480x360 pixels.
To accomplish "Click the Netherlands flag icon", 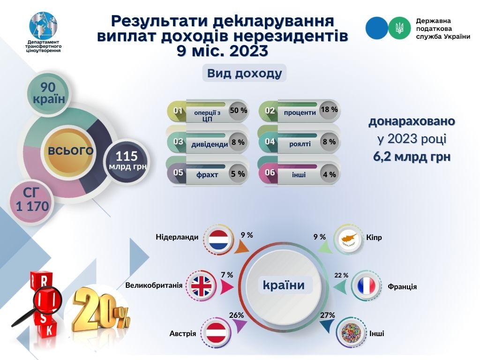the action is click(218, 240).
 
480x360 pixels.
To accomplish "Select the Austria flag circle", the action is click(216, 333).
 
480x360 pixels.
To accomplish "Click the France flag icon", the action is click(366, 285).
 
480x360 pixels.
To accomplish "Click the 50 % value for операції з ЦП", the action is click(238, 111).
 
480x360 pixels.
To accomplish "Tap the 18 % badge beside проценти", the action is click(330, 110).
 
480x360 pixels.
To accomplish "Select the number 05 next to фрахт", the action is click(178, 172).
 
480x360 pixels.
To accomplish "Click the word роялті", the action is click(300, 143).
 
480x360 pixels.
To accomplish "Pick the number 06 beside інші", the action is click(270, 172).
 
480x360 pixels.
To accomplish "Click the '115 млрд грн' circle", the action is click(127, 160).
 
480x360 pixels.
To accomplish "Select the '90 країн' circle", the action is click(49, 93).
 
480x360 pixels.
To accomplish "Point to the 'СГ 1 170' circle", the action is click(31, 201).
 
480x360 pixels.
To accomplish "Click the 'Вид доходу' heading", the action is click(244, 73).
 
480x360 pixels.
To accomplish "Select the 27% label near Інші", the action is click(328, 315).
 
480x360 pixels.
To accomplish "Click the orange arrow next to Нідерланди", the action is click(241, 247).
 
